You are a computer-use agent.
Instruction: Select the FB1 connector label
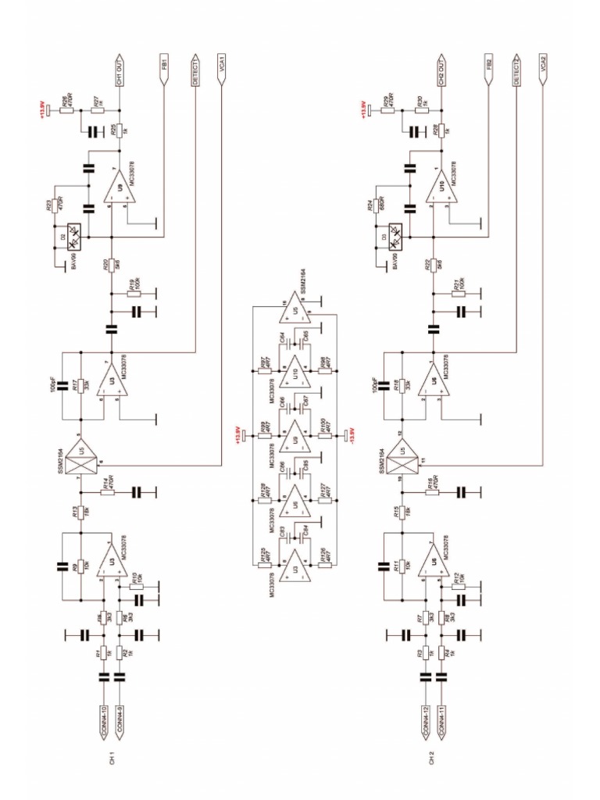click(165, 66)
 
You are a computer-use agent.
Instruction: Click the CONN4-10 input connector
click(103, 720)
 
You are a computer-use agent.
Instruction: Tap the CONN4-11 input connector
click(443, 720)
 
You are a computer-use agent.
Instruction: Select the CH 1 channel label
click(112, 759)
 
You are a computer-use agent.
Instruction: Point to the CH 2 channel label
click(432, 759)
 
